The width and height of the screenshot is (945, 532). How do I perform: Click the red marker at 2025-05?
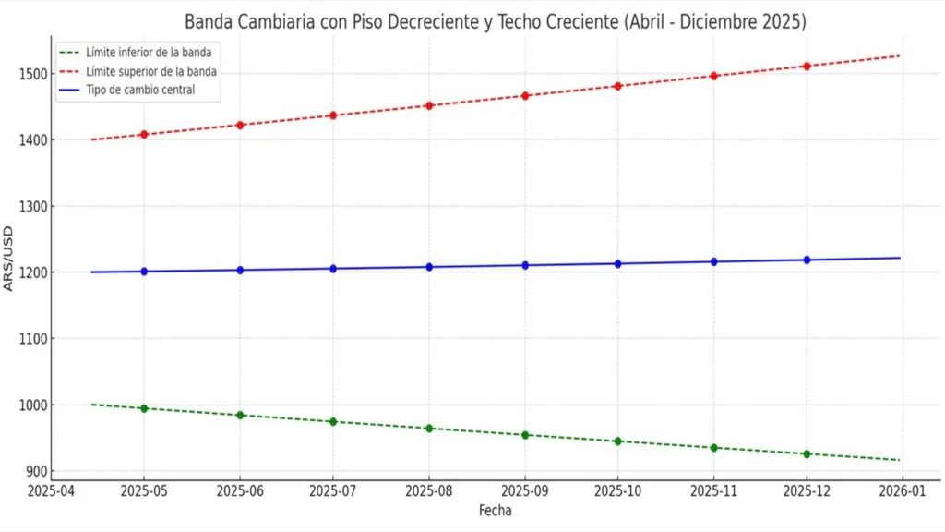click(144, 135)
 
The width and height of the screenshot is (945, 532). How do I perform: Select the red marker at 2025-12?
click(807, 66)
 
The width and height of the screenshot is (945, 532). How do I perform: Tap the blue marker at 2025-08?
click(429, 267)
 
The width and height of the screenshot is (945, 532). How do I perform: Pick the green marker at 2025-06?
click(240, 416)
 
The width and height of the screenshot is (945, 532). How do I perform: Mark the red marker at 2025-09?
click(525, 96)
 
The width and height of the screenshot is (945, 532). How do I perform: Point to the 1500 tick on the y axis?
click(31, 74)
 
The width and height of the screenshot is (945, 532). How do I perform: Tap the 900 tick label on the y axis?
click(34, 471)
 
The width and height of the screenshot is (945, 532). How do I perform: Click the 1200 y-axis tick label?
click(31, 272)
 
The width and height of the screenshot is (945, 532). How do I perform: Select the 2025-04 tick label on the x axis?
click(52, 492)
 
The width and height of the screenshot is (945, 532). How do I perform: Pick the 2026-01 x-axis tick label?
click(903, 492)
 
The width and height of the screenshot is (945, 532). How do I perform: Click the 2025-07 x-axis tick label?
click(333, 492)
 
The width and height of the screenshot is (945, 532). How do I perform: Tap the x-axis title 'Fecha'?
click(495, 511)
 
